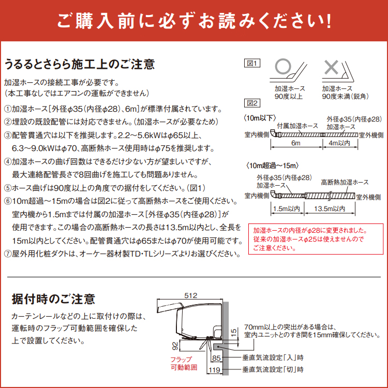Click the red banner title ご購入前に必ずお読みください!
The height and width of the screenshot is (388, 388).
(x=194, y=22)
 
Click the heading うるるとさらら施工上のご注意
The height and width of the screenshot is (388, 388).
(x=79, y=65)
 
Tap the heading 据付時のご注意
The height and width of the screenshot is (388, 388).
(x=53, y=299)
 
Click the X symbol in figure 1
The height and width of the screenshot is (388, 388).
(x=331, y=67)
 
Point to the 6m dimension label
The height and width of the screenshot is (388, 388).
(x=295, y=143)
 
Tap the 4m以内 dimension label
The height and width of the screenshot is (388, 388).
(x=339, y=143)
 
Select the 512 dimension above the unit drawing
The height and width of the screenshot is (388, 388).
(x=191, y=295)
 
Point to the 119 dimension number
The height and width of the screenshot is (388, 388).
(x=216, y=370)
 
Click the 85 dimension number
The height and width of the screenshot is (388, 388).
(x=216, y=357)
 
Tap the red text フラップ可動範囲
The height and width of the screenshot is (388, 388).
(x=181, y=363)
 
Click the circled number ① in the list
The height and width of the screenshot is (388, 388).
(x=7, y=109)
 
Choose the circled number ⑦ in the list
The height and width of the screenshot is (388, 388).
(x=7, y=254)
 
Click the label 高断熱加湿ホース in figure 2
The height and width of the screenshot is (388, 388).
(x=345, y=183)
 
